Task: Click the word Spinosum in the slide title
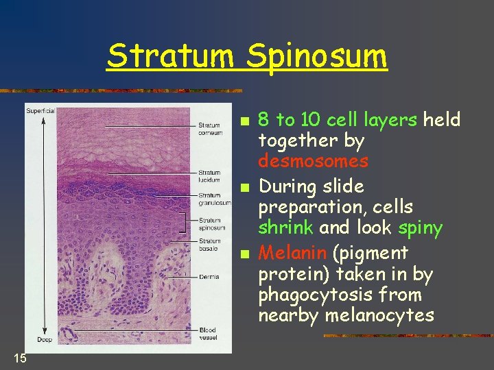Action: (x=317, y=58)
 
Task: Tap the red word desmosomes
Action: (x=313, y=162)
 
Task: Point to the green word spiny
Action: (x=416, y=227)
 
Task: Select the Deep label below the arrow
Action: (x=43, y=340)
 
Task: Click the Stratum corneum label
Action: (x=210, y=129)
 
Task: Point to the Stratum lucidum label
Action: (x=209, y=176)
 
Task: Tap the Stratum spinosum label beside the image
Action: (x=211, y=224)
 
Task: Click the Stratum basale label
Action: (x=209, y=245)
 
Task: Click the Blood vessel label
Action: (x=207, y=334)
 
